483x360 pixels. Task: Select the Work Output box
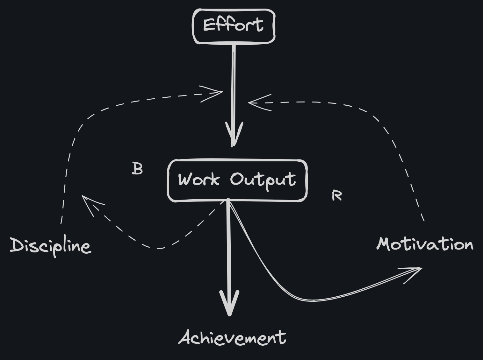237,180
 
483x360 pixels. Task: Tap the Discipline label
50,246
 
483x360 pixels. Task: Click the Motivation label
425,244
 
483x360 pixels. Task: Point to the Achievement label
232,338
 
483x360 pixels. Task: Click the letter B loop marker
137,169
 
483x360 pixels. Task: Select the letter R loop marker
336,195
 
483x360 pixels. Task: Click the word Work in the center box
199,179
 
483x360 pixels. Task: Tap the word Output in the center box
263,180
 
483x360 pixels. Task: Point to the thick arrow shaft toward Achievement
228,248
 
